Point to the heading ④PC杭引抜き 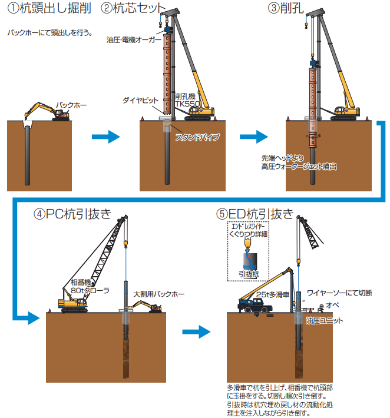(x=73, y=214)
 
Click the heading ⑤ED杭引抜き (x=255, y=214)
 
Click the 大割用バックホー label (x=158, y=293)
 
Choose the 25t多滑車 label (x=273, y=293)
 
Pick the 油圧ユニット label (x=324, y=321)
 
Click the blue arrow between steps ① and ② (x=106, y=137)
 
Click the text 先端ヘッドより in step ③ (x=284, y=158)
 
